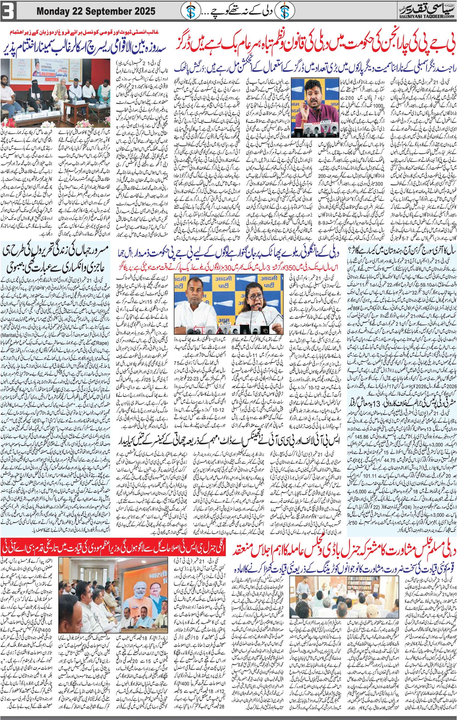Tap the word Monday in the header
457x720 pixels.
(53, 12)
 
